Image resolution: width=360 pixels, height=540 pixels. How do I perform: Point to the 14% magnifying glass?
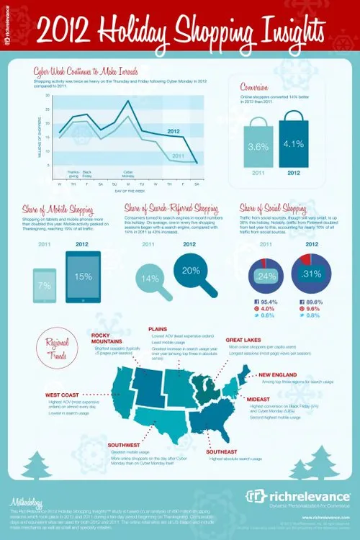click(152, 277)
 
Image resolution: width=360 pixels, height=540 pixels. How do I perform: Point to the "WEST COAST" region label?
click(63, 395)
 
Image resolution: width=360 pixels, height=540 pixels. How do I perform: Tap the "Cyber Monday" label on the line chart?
click(128, 174)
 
